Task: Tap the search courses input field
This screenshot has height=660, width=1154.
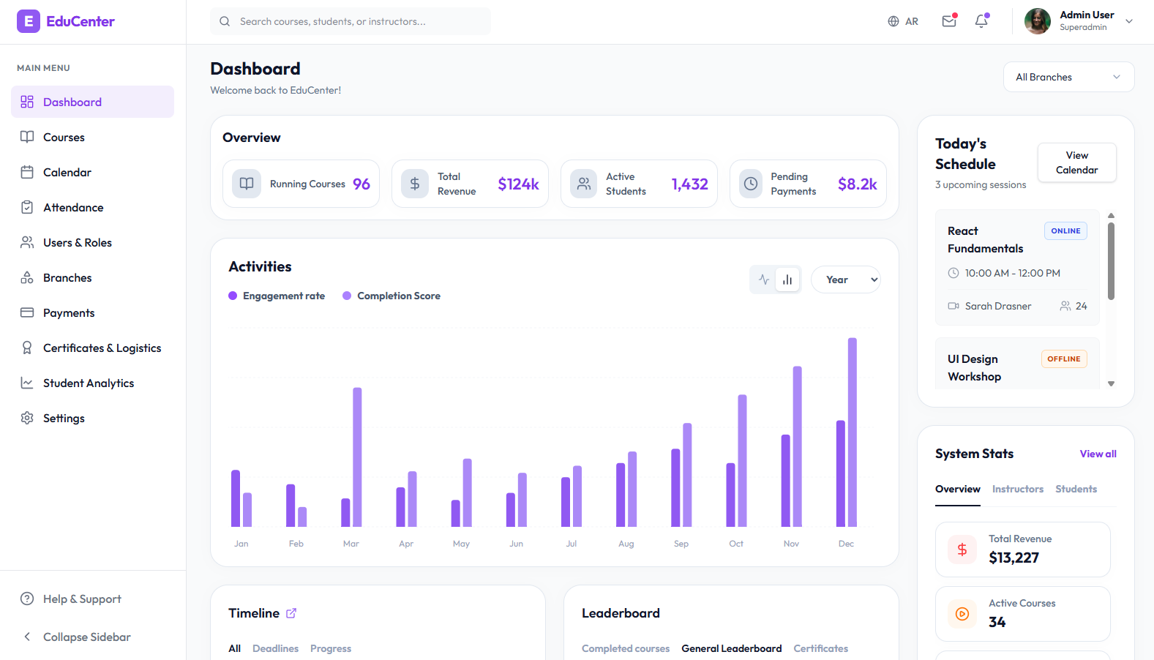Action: click(351, 21)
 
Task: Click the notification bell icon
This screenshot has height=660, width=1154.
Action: click(981, 21)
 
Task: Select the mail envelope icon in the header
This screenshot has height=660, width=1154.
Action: click(949, 21)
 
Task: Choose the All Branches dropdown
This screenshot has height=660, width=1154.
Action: click(1068, 77)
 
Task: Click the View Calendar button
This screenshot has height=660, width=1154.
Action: click(1076, 162)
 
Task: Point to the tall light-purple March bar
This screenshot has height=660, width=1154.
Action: click(357, 457)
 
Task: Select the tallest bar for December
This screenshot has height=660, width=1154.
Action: click(852, 432)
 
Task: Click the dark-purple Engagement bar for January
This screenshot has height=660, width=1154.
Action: click(236, 498)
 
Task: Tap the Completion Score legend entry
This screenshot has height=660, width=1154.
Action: click(391, 296)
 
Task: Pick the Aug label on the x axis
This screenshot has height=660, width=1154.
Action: click(626, 544)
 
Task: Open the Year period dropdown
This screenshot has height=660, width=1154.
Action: click(846, 280)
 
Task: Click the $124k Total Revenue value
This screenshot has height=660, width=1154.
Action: click(518, 184)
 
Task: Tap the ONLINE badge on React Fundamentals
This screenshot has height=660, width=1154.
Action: click(1066, 230)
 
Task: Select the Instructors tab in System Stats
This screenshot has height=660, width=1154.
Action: click(1017, 489)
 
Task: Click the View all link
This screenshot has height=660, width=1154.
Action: click(1098, 454)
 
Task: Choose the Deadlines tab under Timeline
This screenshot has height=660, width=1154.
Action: click(275, 648)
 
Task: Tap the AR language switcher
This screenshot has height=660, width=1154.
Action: click(903, 21)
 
